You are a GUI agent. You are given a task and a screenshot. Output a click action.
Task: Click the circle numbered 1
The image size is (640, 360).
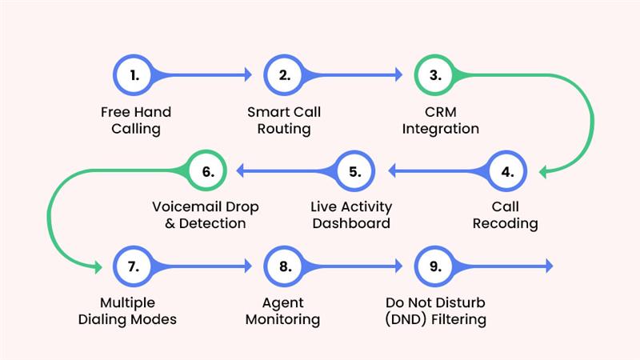tap(135, 75)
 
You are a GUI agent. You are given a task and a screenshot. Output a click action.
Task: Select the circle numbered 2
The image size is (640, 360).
tap(285, 75)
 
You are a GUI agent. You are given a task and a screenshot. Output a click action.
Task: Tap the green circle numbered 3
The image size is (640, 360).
tap(435, 75)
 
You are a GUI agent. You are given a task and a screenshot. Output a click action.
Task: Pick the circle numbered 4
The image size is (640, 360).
tap(505, 170)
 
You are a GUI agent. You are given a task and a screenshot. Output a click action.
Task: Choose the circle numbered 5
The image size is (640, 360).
tap(354, 170)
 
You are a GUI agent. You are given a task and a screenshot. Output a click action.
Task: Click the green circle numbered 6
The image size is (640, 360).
tap(205, 170)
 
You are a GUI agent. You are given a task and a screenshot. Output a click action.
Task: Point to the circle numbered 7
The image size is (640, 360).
tap(135, 266)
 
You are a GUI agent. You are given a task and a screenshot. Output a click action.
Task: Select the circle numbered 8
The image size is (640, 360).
tap(285, 266)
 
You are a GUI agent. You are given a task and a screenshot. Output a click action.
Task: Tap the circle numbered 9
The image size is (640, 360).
tap(435, 266)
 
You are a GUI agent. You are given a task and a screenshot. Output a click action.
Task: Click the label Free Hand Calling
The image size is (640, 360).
tap(135, 120)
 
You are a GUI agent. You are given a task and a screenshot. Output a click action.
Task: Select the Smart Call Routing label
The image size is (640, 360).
tap(285, 120)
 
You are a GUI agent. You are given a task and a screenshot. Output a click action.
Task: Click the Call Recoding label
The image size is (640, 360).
tap(505, 215)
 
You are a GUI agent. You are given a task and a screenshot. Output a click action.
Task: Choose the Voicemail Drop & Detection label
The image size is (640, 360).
tap(206, 215)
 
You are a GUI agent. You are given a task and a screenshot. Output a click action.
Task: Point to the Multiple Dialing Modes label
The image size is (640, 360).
tap(138, 311)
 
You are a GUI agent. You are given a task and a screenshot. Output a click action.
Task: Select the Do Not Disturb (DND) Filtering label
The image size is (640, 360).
tap(435, 311)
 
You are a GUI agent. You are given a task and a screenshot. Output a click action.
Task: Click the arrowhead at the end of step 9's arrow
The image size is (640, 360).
tap(548, 266)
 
